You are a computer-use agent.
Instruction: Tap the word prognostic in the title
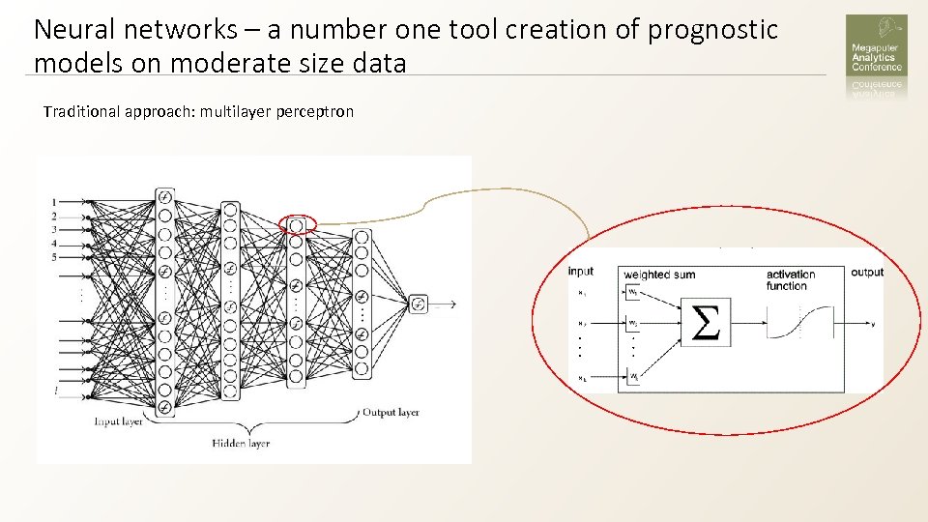coord(712,30)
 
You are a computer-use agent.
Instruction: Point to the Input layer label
coord(119,421)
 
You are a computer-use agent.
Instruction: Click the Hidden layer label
coord(241,443)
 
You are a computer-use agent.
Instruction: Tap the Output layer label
coord(391,413)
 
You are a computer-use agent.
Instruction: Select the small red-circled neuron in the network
coord(297,225)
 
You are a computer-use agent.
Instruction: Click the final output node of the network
coord(418,304)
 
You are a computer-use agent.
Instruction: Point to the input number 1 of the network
coord(54,202)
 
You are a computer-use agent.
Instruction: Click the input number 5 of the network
coord(54,257)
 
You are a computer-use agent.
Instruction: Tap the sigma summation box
coord(708,322)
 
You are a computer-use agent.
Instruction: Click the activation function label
coord(791,279)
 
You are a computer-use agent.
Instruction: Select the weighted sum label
coord(659,275)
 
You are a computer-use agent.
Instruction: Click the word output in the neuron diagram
coord(867,273)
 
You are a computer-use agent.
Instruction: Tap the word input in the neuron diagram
coord(581,273)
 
